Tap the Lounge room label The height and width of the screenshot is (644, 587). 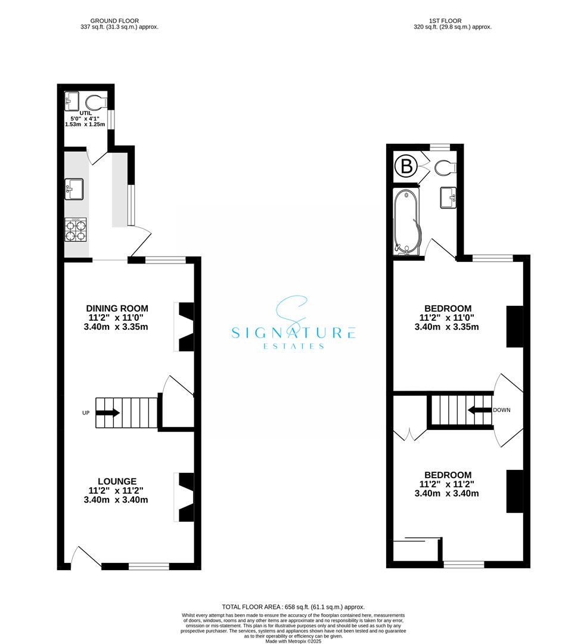click(117, 481)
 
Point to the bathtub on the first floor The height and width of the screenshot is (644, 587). click(407, 222)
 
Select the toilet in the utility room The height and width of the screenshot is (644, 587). click(95, 100)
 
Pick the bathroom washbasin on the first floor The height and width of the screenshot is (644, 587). click(448, 197)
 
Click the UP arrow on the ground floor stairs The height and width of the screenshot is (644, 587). click(108, 413)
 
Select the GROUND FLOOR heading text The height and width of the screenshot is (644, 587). click(118, 20)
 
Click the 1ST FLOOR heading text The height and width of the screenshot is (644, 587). click(453, 20)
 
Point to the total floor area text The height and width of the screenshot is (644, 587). click(293, 606)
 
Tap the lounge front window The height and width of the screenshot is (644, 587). click(148, 566)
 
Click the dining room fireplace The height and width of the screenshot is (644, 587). click(185, 327)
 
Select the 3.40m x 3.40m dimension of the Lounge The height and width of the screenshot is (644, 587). click(116, 500)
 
